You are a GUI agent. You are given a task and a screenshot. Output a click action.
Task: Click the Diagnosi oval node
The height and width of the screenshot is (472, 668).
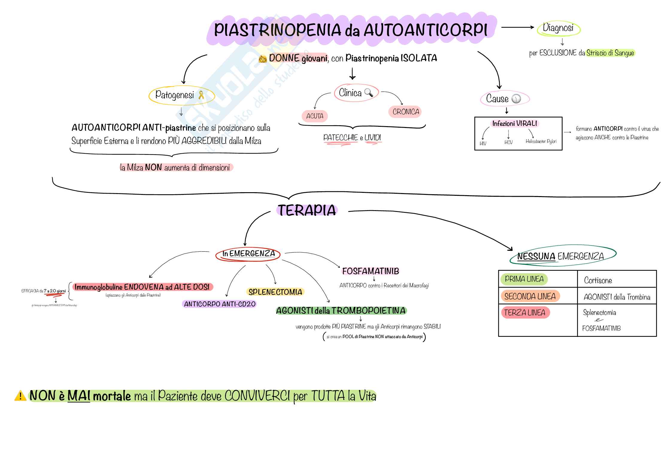point(558,28)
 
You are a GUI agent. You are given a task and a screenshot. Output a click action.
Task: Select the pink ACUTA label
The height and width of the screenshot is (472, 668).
point(315,116)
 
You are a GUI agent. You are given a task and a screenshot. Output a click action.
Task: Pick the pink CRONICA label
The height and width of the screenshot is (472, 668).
point(406,112)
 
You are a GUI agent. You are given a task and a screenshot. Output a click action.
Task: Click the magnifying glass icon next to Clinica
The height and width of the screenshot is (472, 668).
point(369,93)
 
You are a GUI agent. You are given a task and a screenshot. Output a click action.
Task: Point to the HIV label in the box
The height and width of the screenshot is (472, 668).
point(483,143)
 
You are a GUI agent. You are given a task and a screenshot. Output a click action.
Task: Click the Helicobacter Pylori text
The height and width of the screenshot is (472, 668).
point(541,141)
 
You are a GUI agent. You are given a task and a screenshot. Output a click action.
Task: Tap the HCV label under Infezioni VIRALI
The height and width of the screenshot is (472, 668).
point(508,143)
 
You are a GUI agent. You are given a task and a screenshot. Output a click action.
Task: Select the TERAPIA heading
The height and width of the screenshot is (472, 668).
point(307,210)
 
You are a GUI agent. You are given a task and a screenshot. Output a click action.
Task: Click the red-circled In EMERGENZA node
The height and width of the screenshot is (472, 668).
point(248,254)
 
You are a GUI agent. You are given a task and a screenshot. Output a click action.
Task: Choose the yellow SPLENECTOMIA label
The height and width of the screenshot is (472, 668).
point(275,292)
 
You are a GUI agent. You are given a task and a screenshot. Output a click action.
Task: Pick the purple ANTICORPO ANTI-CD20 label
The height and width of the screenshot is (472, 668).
point(219,304)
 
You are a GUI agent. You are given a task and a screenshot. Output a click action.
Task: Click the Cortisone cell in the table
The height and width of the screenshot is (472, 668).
point(598,280)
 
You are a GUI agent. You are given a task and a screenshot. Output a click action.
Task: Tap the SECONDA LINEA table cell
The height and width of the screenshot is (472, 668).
point(530,296)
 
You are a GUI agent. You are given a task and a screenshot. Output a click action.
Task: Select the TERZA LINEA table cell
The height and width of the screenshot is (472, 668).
point(525,313)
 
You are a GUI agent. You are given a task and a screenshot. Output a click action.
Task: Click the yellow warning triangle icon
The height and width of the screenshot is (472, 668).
point(20,396)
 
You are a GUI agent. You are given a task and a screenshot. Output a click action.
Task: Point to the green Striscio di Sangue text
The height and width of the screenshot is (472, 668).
point(610,53)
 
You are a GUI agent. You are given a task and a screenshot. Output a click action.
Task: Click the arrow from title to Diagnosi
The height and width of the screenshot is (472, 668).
point(517,27)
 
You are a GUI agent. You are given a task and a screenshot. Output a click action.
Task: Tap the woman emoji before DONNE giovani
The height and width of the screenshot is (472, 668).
point(262,59)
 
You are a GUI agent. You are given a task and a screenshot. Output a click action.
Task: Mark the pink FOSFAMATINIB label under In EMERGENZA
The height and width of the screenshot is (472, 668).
point(371,271)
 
